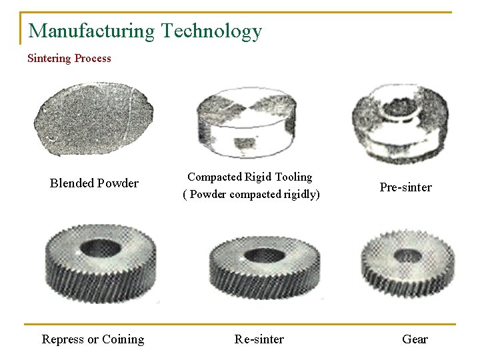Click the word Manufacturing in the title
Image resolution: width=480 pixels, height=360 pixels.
[91, 31]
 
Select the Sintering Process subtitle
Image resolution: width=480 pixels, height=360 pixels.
[69, 59]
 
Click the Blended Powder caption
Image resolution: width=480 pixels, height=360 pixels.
[94, 183]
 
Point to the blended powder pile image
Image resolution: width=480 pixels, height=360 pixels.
[93, 119]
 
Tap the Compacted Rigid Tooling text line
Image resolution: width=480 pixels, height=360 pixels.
[249, 177]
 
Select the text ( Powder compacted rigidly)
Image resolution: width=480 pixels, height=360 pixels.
[251, 195]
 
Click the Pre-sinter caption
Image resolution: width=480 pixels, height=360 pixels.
[405, 187]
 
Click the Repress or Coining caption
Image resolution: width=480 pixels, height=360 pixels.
[93, 339]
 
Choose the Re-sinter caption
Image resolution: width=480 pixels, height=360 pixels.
[259, 339]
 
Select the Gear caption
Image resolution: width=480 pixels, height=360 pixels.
[415, 339]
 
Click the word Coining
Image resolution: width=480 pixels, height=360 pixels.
[123, 339]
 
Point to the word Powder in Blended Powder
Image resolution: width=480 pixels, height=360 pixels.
[118, 183]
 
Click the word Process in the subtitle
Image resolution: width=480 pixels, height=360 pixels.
[93, 59]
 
